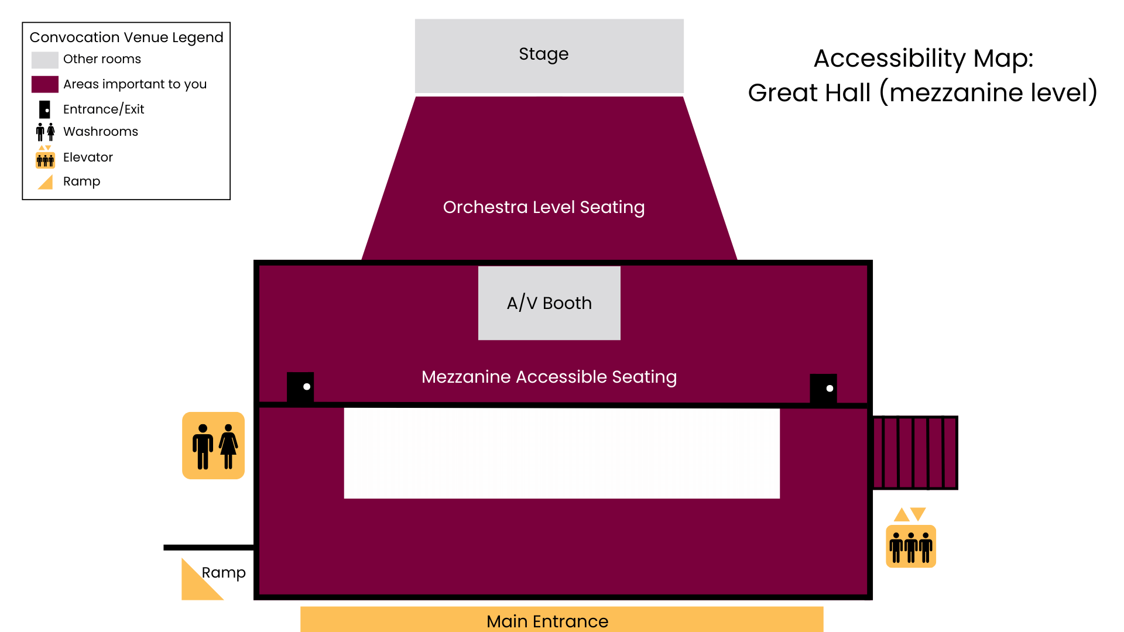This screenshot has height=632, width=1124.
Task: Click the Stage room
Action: point(549,56)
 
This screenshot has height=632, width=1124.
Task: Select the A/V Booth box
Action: point(549,303)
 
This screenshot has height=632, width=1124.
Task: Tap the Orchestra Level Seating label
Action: point(543,207)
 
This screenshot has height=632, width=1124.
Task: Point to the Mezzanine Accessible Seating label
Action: point(549,377)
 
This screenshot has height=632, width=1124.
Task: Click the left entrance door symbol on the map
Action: point(300,387)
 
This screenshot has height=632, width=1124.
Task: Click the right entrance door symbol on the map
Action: point(823,389)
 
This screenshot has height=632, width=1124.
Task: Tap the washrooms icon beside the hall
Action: point(214,446)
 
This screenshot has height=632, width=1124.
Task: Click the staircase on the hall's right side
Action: point(915,452)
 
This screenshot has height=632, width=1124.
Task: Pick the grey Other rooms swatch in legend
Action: point(44,60)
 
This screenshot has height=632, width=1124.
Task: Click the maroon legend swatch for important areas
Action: point(44,84)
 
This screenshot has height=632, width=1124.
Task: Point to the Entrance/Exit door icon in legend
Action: point(44,109)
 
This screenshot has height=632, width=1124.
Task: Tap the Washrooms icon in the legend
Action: point(45,132)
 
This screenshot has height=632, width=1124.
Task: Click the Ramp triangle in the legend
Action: point(46,182)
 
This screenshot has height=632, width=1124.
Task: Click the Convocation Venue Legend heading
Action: point(126,37)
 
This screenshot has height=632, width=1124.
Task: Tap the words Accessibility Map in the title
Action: point(923,59)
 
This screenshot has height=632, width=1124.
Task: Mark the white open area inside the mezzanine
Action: point(561,453)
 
